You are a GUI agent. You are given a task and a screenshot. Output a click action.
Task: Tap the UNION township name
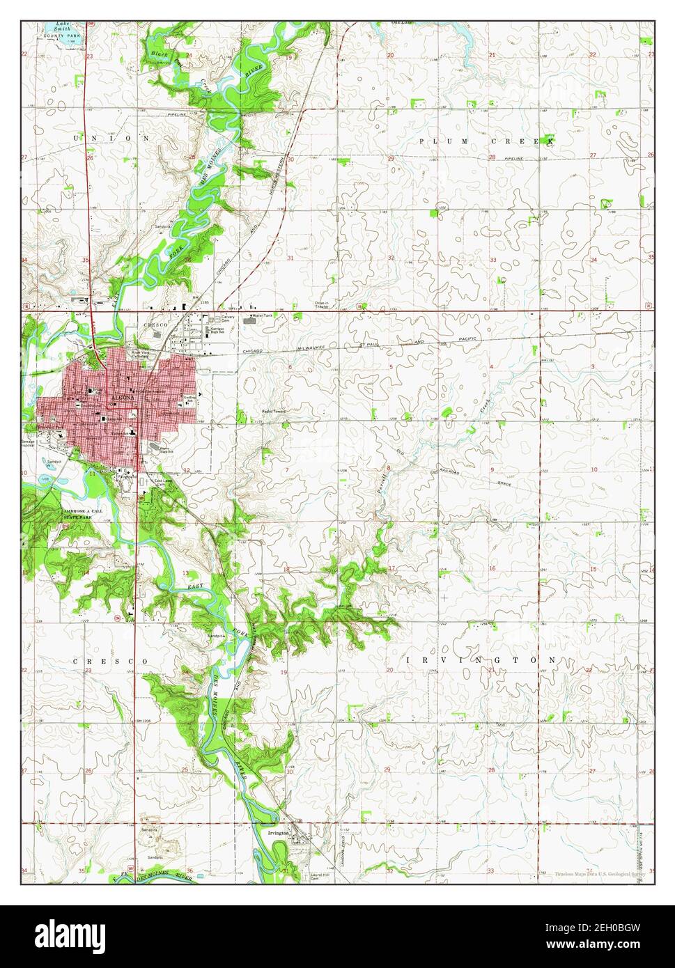point(111,139)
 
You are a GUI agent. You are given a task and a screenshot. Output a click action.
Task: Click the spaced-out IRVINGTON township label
point(480,659)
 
